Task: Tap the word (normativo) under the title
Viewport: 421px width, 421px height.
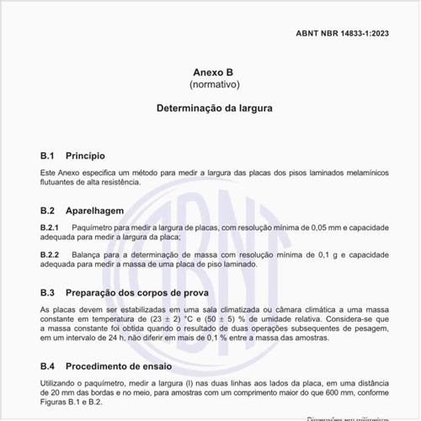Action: pyautogui.click(x=210, y=85)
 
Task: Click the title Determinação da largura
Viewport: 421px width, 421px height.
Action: pyautogui.click(x=210, y=109)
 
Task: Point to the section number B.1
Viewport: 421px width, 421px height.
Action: pyautogui.click(x=48, y=156)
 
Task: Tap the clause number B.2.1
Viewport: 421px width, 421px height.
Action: pyautogui.click(x=49, y=228)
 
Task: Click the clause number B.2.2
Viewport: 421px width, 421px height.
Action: pyautogui.click(x=49, y=254)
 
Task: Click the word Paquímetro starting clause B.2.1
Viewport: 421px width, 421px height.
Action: pyautogui.click(x=93, y=228)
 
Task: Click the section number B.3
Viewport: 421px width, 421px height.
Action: pyautogui.click(x=48, y=292)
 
